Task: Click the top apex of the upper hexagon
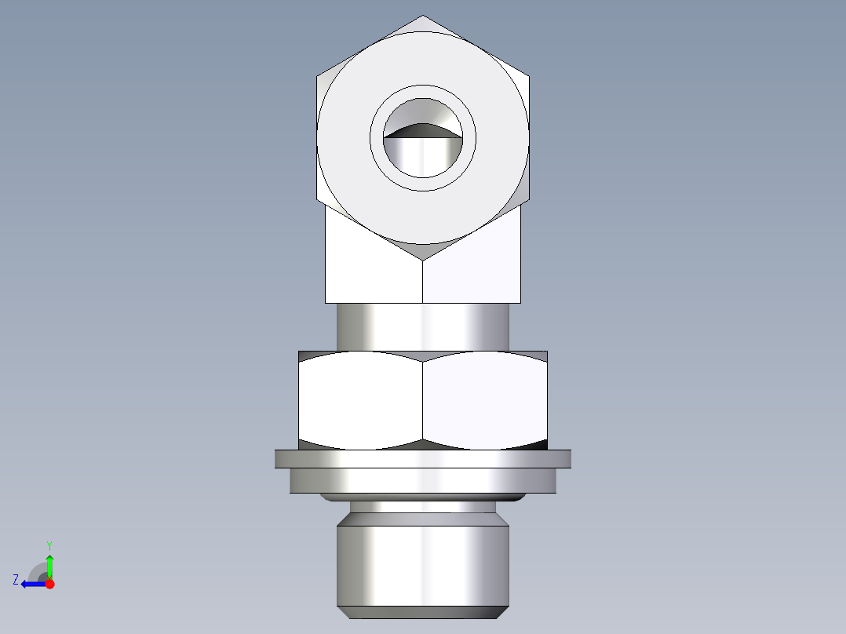tap(423, 17)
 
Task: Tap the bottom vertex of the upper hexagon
tap(423, 259)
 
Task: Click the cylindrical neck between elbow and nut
tap(423, 326)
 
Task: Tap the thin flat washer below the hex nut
tap(423, 458)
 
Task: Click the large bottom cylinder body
tap(423, 561)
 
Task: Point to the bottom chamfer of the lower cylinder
tap(423, 612)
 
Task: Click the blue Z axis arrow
tap(31, 584)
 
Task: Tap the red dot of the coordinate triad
tap(49, 584)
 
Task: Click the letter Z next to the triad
tap(16, 580)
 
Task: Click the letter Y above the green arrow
tap(49, 545)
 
